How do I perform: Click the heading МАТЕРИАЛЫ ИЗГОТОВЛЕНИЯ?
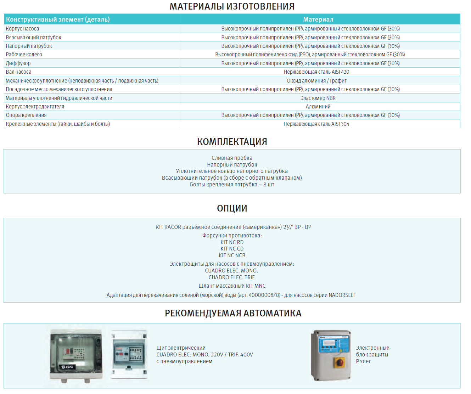coord(232,6)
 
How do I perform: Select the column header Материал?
coord(318,19)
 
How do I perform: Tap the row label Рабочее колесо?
coord(24,55)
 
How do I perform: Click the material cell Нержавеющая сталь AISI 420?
coord(316,72)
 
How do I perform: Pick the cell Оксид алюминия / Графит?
coord(316,81)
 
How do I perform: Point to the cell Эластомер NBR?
coord(318,98)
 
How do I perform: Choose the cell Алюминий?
coord(318,107)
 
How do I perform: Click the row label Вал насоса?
coord(19,72)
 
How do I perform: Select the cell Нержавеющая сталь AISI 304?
coord(316,124)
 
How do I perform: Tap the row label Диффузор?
coord(18,63)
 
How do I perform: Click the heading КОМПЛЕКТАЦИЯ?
coord(232,142)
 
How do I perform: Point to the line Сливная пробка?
coord(232,158)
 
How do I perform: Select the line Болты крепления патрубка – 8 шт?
coord(232,185)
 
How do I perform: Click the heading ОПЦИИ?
coord(232,208)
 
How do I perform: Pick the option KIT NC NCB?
coord(232,255)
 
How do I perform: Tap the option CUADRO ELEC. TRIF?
coord(232,277)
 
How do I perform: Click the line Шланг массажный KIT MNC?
coord(232,286)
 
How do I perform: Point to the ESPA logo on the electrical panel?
coord(67,367)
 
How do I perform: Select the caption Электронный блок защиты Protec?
coord(372,355)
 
